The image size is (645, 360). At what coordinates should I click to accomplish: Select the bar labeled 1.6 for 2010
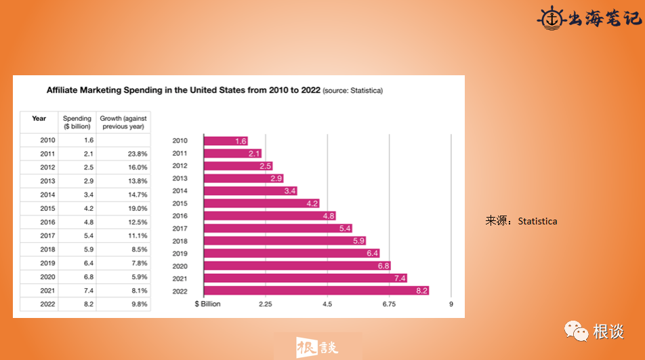pyautogui.click(x=226, y=141)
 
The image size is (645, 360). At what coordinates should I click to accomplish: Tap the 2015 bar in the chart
pyautogui.click(x=261, y=203)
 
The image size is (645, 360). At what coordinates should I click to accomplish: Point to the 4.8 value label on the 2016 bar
pyautogui.click(x=329, y=216)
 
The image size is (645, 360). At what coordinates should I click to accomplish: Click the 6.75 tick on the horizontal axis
pyautogui.click(x=389, y=304)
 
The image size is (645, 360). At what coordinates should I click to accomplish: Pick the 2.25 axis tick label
pyautogui.click(x=266, y=304)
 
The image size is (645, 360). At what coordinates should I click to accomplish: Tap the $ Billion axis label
pyautogui.click(x=207, y=304)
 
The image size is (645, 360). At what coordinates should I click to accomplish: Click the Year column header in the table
pyautogui.click(x=39, y=119)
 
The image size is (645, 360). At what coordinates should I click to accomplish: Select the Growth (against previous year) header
pyautogui.click(x=123, y=123)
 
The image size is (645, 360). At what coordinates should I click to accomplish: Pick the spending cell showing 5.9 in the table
pyautogui.click(x=87, y=249)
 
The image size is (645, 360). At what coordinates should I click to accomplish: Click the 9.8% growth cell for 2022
pyautogui.click(x=137, y=304)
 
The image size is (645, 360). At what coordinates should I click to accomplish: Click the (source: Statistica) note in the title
pyautogui.click(x=352, y=90)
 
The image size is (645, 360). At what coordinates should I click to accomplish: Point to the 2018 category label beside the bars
pyautogui.click(x=180, y=241)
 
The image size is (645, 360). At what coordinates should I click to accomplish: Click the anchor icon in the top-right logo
pyautogui.click(x=551, y=18)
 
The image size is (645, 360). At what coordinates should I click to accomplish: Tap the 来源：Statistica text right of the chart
pyautogui.click(x=521, y=221)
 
